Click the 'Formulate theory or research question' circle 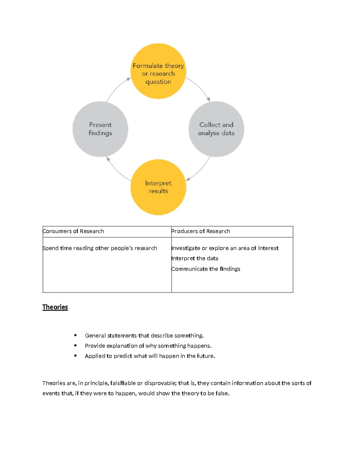[158, 71]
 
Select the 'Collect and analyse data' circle [216, 129]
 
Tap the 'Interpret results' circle [158, 187]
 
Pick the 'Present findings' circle [100, 129]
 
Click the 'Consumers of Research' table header [73, 231]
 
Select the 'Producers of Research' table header [201, 231]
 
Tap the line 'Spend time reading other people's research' [100, 248]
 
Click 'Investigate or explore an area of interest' [225, 248]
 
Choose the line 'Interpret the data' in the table [195, 258]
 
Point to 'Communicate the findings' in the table [206, 269]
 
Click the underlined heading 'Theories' [55, 307]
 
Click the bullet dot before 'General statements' [75, 335]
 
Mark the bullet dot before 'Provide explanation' [75, 346]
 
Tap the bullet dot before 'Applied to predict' [75, 356]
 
